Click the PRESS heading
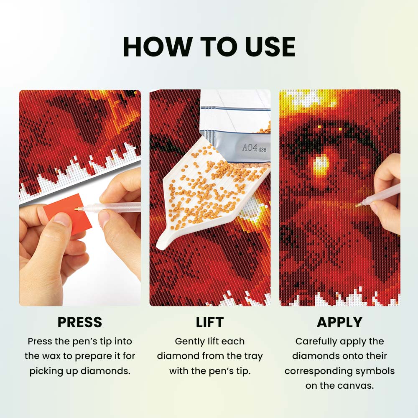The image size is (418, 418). click(80, 322)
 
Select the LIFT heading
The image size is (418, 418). click(210, 322)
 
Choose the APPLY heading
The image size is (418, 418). click(339, 322)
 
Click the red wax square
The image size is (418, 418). click(67, 213)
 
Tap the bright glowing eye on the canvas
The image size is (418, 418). click(321, 164)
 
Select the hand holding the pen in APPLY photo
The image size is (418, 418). click(387, 192)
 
